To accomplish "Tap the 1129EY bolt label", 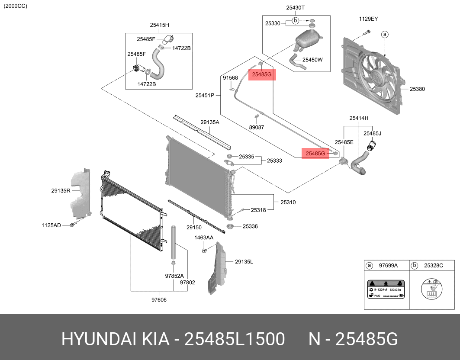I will [368, 19].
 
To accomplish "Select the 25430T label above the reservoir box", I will [295, 8].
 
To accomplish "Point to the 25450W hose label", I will [312, 60].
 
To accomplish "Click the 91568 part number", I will [230, 78].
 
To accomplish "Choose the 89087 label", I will [256, 128].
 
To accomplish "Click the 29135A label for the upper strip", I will [209, 122].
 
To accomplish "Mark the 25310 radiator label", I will [288, 202].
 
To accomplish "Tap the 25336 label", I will [250, 226].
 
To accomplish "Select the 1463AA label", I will [203, 238].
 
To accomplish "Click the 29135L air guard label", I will [244, 262].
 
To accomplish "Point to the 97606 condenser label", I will [159, 299].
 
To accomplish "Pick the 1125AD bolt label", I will [51, 225].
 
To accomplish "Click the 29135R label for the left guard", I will [61, 190].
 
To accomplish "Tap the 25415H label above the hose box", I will [159, 25].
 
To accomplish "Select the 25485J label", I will [372, 133].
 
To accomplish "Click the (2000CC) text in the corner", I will [15, 6].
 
